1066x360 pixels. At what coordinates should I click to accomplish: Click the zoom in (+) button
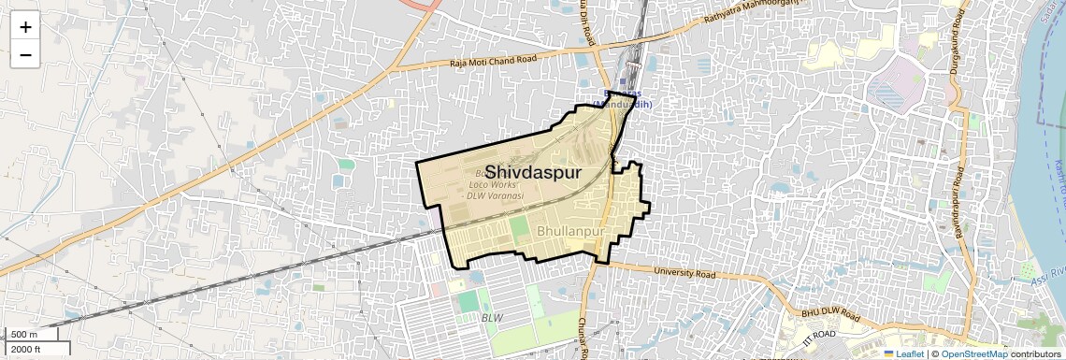tap(25, 27)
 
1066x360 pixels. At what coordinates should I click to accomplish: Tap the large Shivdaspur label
tap(532, 173)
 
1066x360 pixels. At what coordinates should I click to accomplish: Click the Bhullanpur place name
tap(572, 229)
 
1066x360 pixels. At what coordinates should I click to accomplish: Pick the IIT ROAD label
tap(819, 335)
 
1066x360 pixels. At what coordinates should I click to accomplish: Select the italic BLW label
tap(492, 318)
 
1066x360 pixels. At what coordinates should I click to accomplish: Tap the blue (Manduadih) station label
tap(623, 104)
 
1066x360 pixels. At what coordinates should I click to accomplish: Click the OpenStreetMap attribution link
tap(974, 353)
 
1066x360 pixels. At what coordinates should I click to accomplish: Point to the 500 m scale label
tap(24, 335)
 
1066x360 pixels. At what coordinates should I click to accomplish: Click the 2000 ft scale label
tap(26, 350)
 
